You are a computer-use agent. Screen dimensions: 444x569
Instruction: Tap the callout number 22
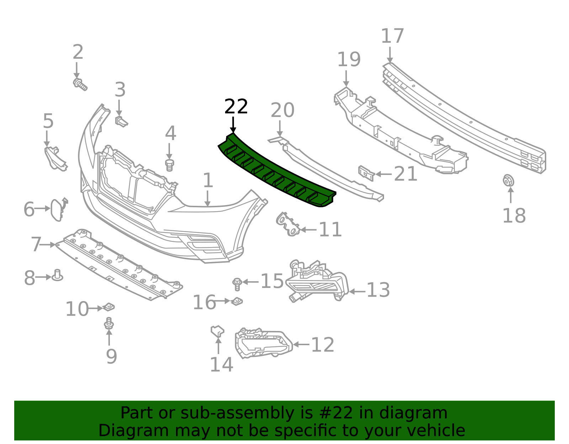(x=236, y=107)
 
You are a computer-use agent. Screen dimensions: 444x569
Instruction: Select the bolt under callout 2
(x=80, y=84)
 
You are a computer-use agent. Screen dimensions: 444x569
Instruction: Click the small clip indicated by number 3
(x=121, y=121)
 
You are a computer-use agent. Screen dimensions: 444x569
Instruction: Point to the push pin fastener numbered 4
(x=170, y=165)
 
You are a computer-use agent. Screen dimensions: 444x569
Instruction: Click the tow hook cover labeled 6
(x=57, y=210)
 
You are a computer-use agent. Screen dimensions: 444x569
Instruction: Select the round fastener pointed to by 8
(x=57, y=276)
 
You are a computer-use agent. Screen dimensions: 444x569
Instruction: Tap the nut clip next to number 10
(x=108, y=306)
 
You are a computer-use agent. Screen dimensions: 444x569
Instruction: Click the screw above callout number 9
(x=109, y=323)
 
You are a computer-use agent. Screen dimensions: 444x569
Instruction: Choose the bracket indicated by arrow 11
(x=288, y=224)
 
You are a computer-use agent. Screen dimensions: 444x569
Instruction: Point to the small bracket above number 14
(x=217, y=331)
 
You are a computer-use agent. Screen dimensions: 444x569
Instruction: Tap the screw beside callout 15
(x=236, y=284)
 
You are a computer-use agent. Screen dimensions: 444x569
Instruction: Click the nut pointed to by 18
(x=508, y=181)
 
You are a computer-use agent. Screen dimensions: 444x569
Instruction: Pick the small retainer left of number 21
(x=366, y=173)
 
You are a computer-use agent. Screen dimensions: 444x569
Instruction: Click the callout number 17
(x=392, y=36)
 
